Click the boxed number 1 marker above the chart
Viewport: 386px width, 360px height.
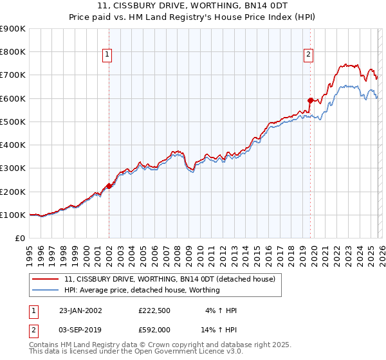click(107, 55)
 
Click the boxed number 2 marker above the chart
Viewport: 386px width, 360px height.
click(309, 55)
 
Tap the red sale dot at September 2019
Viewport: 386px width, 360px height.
click(310, 100)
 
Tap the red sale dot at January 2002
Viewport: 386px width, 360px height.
click(109, 186)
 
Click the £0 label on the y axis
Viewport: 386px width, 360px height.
click(20, 239)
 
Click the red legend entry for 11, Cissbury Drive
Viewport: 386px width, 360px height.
click(170, 279)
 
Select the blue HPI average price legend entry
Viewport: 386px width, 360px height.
click(142, 290)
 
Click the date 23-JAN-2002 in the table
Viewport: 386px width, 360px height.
click(78, 310)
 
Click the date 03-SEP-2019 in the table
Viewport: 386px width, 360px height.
click(78, 329)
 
